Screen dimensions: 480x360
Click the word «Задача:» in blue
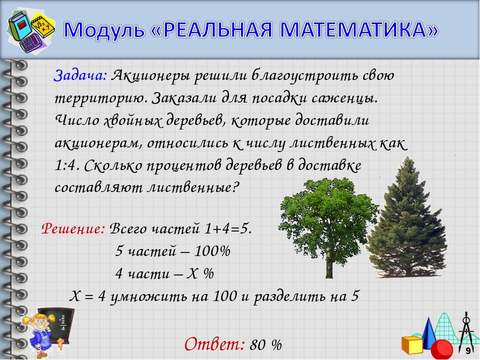point(80,75)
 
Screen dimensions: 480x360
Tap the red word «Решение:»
point(73,228)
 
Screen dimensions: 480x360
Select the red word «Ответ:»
point(214,344)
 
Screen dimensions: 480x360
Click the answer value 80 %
point(265,345)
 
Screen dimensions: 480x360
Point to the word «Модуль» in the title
point(104,30)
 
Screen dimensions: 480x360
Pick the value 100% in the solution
point(212,251)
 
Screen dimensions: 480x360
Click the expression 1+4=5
point(228,228)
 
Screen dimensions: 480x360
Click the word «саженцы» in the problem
point(344,98)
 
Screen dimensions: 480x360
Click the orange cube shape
point(412,345)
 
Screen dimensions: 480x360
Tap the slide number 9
point(468,351)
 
